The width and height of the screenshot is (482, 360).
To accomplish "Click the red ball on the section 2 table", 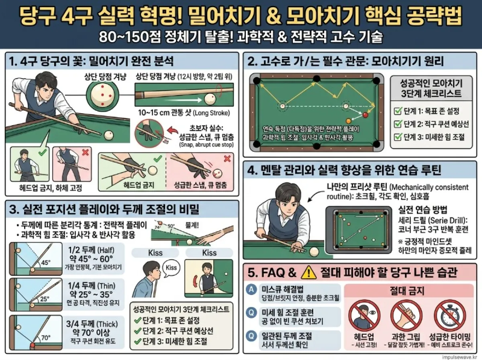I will pos(365,115).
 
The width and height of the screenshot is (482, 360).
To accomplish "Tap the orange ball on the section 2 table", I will pos(348,120).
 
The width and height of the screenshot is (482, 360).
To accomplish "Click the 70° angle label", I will pos(46,338).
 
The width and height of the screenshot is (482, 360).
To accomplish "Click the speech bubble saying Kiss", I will pos(171,267).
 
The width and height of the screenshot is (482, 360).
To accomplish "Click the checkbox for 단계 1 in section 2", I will pos(398,111).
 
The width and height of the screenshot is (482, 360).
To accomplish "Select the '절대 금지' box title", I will pos(409,289).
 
